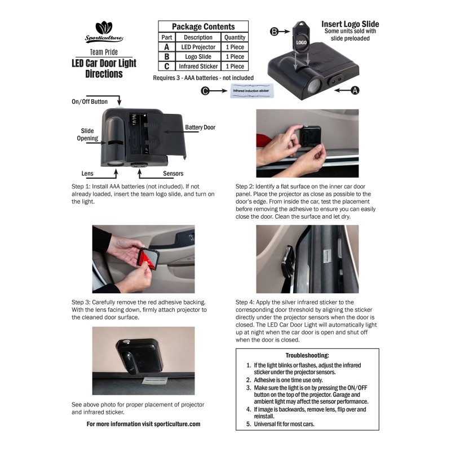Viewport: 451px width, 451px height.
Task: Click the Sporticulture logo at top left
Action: (x=104, y=32)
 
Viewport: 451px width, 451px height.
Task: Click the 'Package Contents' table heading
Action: (x=204, y=26)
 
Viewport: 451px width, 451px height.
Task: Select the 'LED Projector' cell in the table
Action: (x=198, y=47)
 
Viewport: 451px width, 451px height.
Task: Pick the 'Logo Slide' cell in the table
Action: (x=198, y=57)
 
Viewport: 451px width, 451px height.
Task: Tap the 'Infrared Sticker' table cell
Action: (x=198, y=67)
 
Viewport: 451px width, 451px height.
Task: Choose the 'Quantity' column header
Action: (x=235, y=37)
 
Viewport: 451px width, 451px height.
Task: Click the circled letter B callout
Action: (x=275, y=32)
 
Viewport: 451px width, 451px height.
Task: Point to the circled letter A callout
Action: (x=355, y=90)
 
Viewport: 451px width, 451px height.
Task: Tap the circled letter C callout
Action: (x=205, y=91)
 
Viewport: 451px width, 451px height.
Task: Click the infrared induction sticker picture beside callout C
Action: (x=251, y=91)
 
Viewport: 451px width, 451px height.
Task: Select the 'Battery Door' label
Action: (x=200, y=127)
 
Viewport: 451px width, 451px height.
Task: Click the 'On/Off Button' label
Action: (x=90, y=101)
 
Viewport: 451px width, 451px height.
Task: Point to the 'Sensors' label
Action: (x=173, y=174)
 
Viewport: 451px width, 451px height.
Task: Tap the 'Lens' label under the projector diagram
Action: (x=87, y=174)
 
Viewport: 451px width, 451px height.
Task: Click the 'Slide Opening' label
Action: (x=87, y=134)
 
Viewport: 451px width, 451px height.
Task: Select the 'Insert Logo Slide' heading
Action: (x=350, y=24)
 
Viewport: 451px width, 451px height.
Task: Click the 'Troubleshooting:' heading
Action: (x=307, y=355)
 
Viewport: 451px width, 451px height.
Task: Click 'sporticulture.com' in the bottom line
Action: (x=177, y=424)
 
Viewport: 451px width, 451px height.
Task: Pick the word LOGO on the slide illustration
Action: (x=301, y=43)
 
